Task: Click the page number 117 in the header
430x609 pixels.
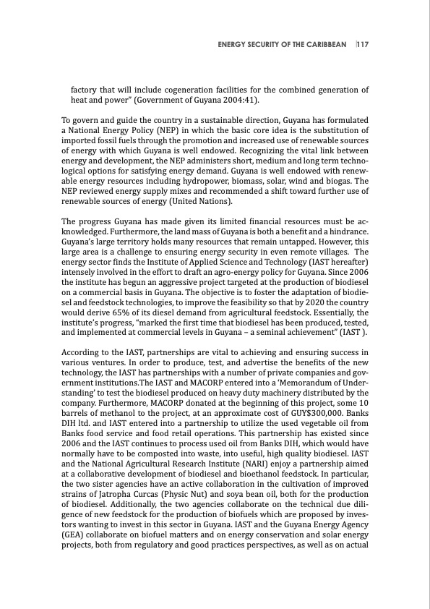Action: click(362, 45)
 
